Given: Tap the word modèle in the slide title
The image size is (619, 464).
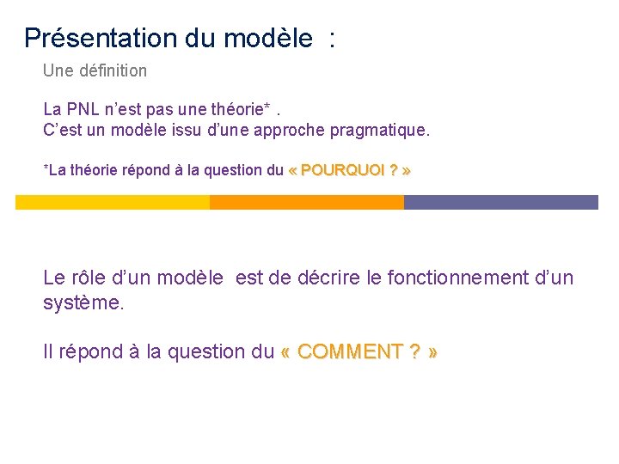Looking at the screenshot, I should [268, 38].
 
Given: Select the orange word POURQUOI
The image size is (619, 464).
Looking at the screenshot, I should [342, 170].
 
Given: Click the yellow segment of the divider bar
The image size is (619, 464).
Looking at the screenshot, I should [113, 202].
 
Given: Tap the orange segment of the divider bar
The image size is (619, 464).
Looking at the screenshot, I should [307, 202].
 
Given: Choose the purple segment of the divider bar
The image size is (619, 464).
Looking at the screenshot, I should [501, 202].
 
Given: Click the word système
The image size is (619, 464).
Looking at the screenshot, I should [83, 303].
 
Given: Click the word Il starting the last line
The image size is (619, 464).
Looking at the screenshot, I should [48, 351].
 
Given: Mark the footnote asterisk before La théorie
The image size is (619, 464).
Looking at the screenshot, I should [46, 169].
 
